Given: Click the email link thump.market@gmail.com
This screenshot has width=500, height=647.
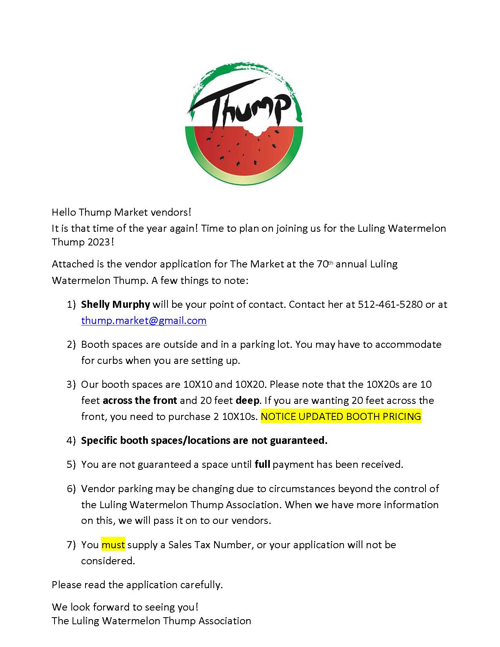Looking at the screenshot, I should click(x=144, y=320).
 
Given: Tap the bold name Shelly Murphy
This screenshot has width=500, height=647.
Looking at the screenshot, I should click(x=115, y=304).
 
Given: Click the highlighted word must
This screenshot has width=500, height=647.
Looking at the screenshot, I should click(x=113, y=545).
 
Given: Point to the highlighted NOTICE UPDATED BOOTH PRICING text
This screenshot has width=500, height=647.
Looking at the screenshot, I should click(x=341, y=416).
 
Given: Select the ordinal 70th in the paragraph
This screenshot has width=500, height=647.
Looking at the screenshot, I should click(x=325, y=264).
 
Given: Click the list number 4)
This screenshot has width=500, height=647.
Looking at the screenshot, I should click(x=71, y=440).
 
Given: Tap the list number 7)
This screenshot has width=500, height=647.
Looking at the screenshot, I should click(x=71, y=545).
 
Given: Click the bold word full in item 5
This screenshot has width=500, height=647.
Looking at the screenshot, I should click(x=262, y=464).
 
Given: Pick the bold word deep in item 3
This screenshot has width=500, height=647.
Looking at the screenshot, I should click(x=247, y=400).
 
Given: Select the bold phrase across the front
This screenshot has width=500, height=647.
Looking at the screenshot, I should click(x=140, y=400).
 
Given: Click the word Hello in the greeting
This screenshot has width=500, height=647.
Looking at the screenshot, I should click(x=64, y=212).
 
